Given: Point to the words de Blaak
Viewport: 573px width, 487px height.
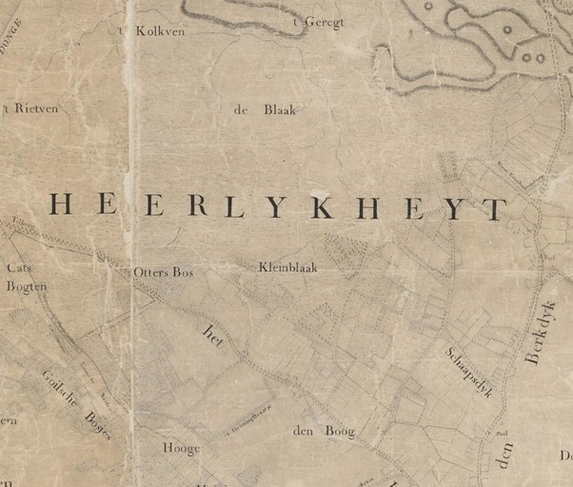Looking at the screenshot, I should pyautogui.click(x=265, y=110).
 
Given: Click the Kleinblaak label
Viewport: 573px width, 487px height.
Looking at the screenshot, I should pyautogui.click(x=287, y=268).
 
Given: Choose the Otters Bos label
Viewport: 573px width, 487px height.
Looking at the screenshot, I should pyautogui.click(x=163, y=272).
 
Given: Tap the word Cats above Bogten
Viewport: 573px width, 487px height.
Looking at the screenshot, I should pyautogui.click(x=19, y=268).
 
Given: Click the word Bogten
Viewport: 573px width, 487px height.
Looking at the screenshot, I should pyautogui.click(x=26, y=285).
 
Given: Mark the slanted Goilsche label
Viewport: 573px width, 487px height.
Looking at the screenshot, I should pyautogui.click(x=59, y=386).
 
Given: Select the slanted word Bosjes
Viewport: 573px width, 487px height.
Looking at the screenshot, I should pyautogui.click(x=97, y=425).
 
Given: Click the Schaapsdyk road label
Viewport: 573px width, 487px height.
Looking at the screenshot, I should pyautogui.click(x=468, y=371).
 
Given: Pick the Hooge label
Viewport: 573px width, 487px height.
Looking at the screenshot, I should pyautogui.click(x=181, y=449).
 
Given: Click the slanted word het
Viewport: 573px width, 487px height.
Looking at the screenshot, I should pyautogui.click(x=211, y=336).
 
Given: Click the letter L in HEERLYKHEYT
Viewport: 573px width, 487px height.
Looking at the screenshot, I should pyautogui.click(x=232, y=206).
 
